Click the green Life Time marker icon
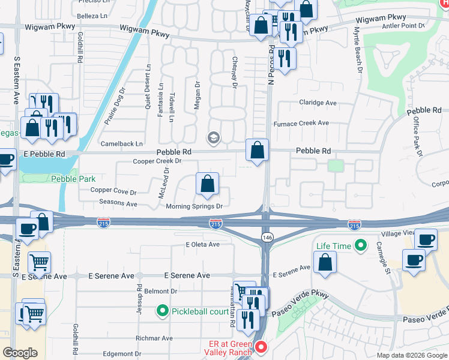(361, 245)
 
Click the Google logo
(20, 353)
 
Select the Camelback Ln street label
(122, 144)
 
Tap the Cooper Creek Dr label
(157, 161)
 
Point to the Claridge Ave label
(318, 103)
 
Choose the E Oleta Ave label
(203, 245)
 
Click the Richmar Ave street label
(154, 338)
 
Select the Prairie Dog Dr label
(114, 106)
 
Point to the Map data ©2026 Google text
(411, 355)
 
